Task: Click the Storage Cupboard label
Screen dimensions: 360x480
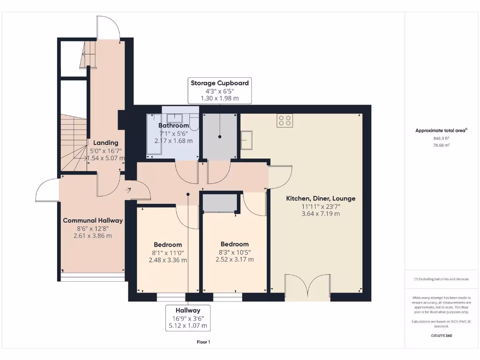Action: [219, 83]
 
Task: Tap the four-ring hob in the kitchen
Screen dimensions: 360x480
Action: [285, 120]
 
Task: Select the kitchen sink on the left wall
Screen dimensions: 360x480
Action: [247, 140]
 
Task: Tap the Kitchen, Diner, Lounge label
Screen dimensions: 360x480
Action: [321, 198]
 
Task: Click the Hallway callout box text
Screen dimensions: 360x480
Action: [188, 310]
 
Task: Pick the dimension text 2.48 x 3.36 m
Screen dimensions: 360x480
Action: [168, 260]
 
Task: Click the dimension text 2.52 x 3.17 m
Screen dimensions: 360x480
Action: [234, 259]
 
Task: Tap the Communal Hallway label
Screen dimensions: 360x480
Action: [93, 220]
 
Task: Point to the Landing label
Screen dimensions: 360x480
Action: [105, 142]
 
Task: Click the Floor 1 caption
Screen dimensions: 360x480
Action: [203, 342]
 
